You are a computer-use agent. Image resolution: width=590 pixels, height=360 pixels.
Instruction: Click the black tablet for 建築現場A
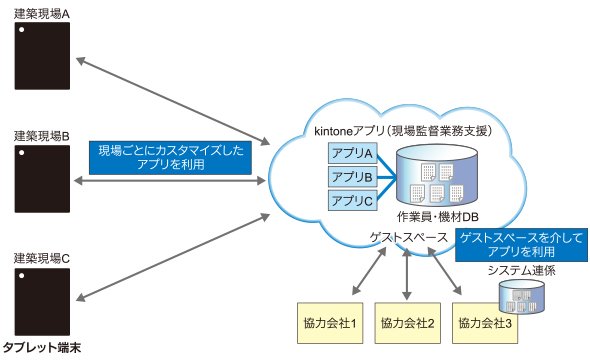click(42, 56)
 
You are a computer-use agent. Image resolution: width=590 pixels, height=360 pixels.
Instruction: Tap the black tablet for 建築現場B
click(42, 179)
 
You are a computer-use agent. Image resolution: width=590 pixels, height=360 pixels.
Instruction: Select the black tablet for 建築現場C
click(42, 302)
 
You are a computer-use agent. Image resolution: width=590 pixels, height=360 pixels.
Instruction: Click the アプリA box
click(352, 153)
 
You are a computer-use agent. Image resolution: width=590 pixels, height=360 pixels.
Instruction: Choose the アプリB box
click(352, 177)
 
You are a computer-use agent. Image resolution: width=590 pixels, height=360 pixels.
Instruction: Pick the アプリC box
click(352, 201)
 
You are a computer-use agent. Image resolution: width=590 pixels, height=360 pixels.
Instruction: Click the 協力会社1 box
click(330, 323)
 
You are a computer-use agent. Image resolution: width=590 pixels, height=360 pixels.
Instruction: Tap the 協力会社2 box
click(408, 323)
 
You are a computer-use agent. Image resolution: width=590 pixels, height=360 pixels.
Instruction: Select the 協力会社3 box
click(485, 323)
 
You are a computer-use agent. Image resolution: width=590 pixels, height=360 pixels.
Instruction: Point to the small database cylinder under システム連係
click(522, 296)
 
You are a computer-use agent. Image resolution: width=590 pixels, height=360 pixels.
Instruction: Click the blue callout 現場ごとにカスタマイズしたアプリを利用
click(170, 158)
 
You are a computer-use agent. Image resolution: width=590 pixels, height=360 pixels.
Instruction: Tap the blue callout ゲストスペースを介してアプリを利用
click(522, 245)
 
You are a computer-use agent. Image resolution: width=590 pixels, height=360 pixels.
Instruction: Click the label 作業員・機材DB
click(438, 217)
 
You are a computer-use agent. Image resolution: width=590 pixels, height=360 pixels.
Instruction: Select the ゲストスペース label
click(408, 238)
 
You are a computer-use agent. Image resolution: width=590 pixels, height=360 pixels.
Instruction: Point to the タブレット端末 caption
click(42, 347)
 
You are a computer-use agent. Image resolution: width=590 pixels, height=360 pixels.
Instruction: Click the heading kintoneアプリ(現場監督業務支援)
click(403, 131)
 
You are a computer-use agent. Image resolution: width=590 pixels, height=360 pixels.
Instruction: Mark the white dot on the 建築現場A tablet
click(22, 29)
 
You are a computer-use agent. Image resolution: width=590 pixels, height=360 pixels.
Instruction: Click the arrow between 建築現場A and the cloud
click(173, 101)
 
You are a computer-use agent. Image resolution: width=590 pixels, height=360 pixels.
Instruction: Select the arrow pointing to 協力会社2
click(406, 274)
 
